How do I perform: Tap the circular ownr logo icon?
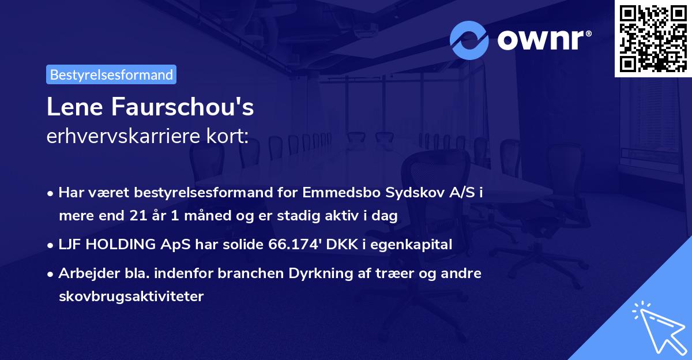[x=469, y=40]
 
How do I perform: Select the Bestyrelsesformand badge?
[x=111, y=74]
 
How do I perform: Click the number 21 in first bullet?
[x=133, y=216]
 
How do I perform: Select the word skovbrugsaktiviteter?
[x=131, y=296]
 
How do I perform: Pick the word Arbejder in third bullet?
[x=85, y=273]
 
